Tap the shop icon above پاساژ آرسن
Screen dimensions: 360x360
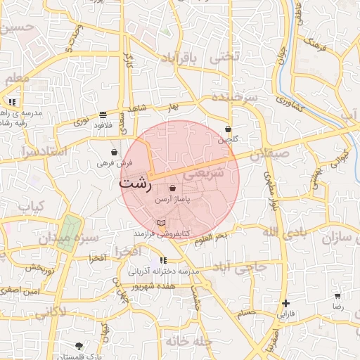[x=173, y=188]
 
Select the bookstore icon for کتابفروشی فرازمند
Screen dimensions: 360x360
[x=162, y=223]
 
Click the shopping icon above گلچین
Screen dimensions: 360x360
[x=229, y=129]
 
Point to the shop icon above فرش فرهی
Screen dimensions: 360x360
[x=115, y=152]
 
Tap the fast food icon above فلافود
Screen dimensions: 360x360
[x=103, y=114]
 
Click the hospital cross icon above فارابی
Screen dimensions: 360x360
[x=285, y=304]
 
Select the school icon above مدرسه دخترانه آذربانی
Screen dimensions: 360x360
[x=163, y=261]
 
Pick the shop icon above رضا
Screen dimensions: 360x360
[x=337, y=296]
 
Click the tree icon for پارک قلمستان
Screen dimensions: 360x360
[x=79, y=346]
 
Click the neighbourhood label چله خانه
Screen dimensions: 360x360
[x=189, y=341]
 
